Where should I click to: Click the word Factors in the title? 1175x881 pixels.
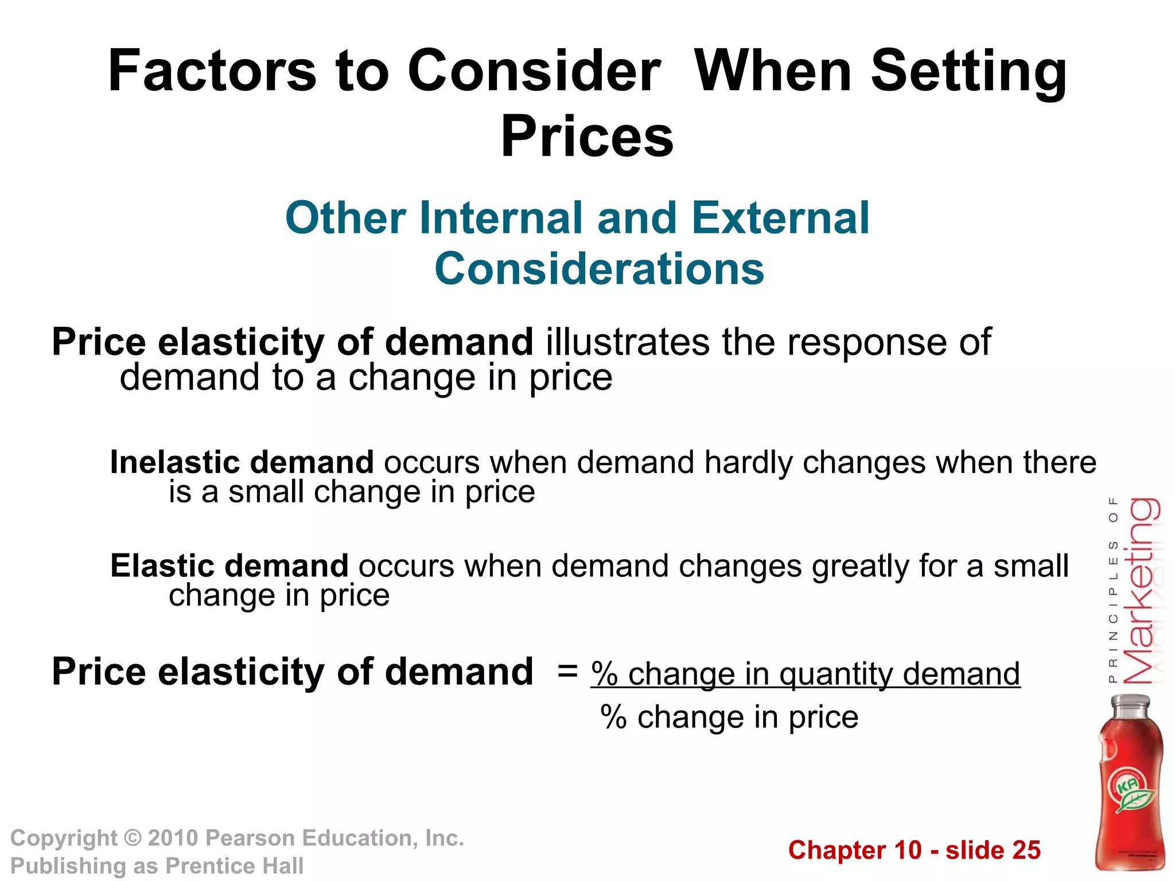[212, 71]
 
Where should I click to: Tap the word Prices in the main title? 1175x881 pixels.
[587, 137]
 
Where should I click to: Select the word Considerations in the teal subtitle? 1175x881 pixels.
[599, 268]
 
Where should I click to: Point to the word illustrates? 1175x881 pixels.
[628, 342]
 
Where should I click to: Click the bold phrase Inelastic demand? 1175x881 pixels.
[242, 462]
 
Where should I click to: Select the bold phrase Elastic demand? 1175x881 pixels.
[229, 566]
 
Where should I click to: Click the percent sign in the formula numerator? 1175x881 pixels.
[604, 674]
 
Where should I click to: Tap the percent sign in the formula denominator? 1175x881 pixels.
[613, 718]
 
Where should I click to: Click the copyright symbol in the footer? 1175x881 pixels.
[133, 839]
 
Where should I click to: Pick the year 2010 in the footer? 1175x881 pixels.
[173, 839]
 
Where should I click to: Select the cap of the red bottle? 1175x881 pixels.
[1130, 704]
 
